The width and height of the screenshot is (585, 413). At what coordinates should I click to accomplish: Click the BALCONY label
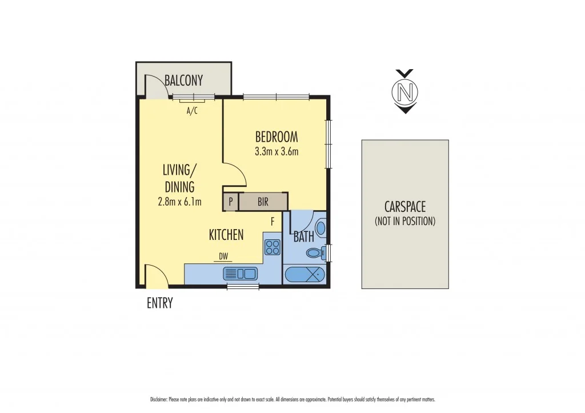click(x=183, y=81)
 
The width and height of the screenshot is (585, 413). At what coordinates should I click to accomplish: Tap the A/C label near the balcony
click(x=192, y=111)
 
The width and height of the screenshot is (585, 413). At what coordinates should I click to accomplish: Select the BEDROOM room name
click(x=277, y=137)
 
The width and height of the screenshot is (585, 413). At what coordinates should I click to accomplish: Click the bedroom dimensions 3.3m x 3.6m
click(x=277, y=151)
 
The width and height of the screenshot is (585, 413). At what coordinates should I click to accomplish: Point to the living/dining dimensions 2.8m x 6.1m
click(x=179, y=201)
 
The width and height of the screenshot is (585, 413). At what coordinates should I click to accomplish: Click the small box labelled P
click(x=231, y=202)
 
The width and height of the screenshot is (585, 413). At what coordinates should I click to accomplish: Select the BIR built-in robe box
click(x=263, y=202)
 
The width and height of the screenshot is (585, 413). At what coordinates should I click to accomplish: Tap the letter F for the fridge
click(x=273, y=220)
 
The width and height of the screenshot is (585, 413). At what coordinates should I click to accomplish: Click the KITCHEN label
click(x=226, y=234)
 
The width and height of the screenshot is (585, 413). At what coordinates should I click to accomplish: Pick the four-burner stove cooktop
click(x=273, y=247)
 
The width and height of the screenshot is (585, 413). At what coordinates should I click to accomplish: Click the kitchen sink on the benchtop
click(x=241, y=274)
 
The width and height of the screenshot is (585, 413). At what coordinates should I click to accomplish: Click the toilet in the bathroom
click(x=314, y=253)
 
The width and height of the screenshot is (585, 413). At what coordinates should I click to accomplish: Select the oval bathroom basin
click(x=320, y=228)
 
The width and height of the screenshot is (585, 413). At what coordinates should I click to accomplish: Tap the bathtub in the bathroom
click(x=304, y=275)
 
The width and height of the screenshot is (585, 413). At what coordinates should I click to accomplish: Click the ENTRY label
click(x=159, y=303)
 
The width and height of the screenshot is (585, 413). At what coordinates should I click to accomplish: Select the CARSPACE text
click(x=404, y=207)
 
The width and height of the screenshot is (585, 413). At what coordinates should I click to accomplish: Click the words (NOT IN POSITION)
click(x=404, y=221)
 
